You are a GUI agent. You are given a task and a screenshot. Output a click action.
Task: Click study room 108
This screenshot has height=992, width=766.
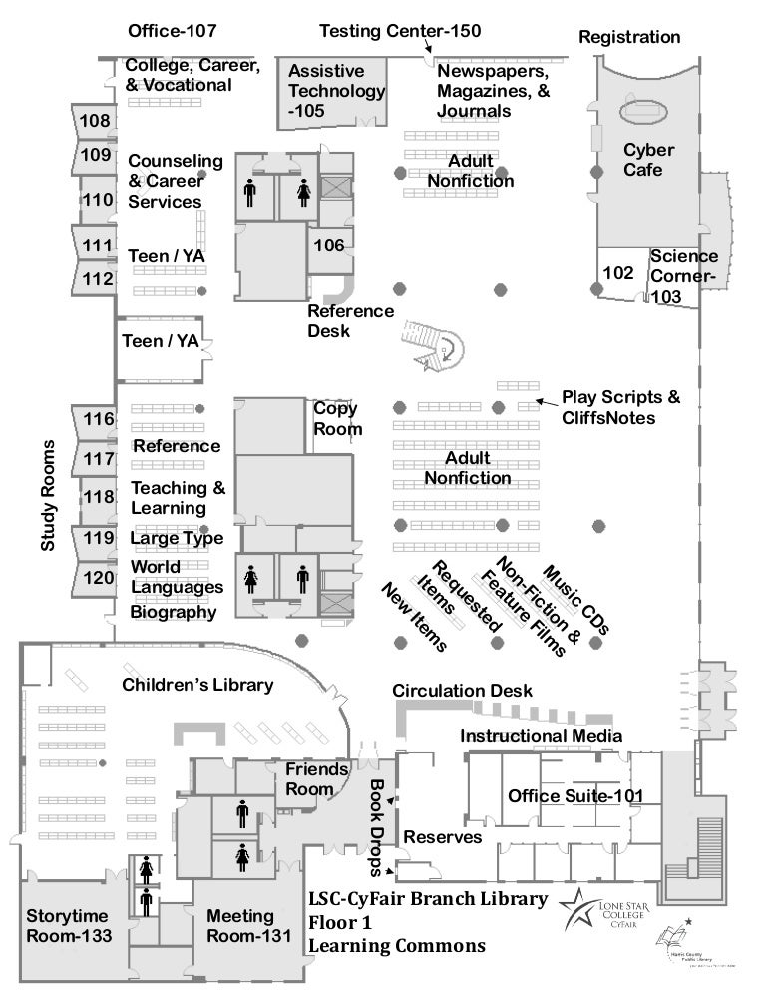tap(95, 122)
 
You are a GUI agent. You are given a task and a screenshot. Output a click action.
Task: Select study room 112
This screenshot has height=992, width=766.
tap(97, 279)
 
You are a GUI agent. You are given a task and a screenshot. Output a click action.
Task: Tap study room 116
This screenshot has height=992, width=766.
tap(98, 419)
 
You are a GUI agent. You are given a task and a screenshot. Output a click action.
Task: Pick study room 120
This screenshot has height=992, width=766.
tap(98, 577)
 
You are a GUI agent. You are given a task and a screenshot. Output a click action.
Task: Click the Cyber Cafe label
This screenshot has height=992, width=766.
tap(648, 160)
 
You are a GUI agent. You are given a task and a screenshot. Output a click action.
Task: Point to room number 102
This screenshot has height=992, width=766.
tap(618, 272)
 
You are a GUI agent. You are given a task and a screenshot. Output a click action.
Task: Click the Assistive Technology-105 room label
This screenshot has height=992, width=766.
tap(335, 91)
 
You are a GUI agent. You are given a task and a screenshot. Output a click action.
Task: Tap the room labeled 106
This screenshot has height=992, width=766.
tap(328, 246)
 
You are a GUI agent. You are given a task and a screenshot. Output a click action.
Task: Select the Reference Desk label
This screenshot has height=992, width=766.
tap(350, 320)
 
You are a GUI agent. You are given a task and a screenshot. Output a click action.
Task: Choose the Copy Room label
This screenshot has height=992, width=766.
tap(337, 418)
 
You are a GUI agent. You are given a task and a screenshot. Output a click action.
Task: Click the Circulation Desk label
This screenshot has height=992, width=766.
tap(462, 691)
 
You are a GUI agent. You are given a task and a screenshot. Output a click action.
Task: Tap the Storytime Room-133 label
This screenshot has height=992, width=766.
tap(68, 925)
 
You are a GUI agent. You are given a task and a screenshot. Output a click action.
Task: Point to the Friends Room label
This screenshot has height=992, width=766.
tap(317, 779)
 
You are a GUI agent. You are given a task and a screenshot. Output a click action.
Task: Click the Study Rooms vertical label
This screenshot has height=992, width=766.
tap(49, 496)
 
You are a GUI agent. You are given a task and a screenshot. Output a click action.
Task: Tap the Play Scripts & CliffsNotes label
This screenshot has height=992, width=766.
tap(620, 407)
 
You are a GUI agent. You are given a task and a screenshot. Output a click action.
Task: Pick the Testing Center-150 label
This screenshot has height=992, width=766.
tap(399, 32)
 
